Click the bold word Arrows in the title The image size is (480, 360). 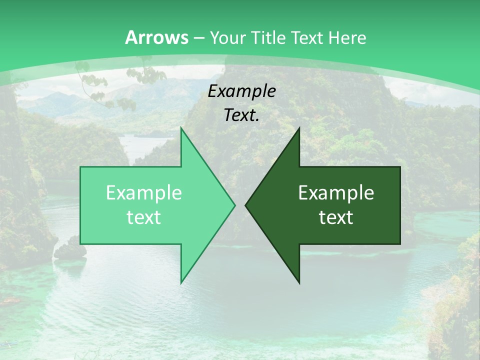[x=157, y=37]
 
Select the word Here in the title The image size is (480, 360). [x=346, y=37]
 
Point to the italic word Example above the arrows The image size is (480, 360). [x=242, y=91]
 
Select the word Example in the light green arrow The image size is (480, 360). [x=144, y=193]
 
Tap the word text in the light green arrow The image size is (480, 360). [x=144, y=217]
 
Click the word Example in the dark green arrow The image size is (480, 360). [x=336, y=193]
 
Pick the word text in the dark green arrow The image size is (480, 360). [x=336, y=217]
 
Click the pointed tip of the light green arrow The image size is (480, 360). [x=234, y=205]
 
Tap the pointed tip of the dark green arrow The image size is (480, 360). [x=245, y=205]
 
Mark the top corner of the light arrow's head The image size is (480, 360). [x=181, y=128]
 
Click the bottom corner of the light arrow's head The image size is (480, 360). [x=181, y=283]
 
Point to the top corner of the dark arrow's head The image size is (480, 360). [x=299, y=128]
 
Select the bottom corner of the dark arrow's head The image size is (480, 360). [x=299, y=283]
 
